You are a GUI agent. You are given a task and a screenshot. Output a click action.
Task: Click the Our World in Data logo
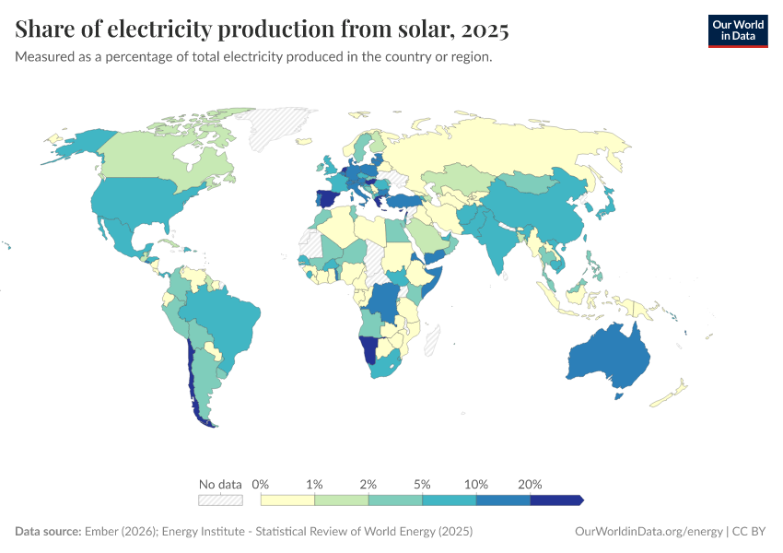[x=737, y=30]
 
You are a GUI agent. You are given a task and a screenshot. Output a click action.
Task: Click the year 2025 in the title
[x=485, y=29]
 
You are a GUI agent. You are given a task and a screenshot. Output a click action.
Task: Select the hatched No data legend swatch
[x=220, y=500]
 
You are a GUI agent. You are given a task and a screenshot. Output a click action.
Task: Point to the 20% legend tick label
[x=530, y=484]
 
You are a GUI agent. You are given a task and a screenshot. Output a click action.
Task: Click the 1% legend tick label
[x=314, y=484]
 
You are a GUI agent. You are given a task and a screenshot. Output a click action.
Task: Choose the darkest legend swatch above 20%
[x=556, y=500]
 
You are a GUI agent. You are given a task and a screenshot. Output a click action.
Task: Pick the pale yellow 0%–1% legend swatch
[x=287, y=500]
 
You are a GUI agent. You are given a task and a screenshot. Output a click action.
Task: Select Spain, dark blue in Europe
[x=325, y=199]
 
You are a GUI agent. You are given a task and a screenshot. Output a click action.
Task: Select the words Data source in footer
[x=47, y=532]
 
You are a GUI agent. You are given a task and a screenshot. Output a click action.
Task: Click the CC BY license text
[x=751, y=532]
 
